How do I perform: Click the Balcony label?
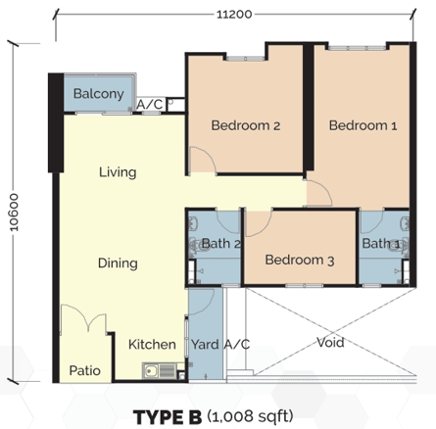pos(99,94)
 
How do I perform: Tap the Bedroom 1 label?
pos(363,125)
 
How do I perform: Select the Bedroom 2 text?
pos(246,125)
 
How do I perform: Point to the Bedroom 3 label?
pos(300,261)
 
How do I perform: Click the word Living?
pos(118,172)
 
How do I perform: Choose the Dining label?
pos(118,263)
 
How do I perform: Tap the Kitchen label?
pos(152,345)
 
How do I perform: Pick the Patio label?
pos(84,370)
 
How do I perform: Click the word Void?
pos(330,343)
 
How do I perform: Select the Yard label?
pos(205,345)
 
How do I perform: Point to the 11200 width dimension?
pos(234,15)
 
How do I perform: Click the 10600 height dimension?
pos(14,213)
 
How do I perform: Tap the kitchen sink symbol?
pos(159,371)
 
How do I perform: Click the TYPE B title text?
pos(168,417)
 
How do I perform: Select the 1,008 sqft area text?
pos(250,416)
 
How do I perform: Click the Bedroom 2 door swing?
pos(203,160)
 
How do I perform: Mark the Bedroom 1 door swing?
pos(319,193)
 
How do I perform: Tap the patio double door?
pos(84,317)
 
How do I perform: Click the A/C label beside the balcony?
pos(149,105)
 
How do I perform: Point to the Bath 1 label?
pos(381,244)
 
